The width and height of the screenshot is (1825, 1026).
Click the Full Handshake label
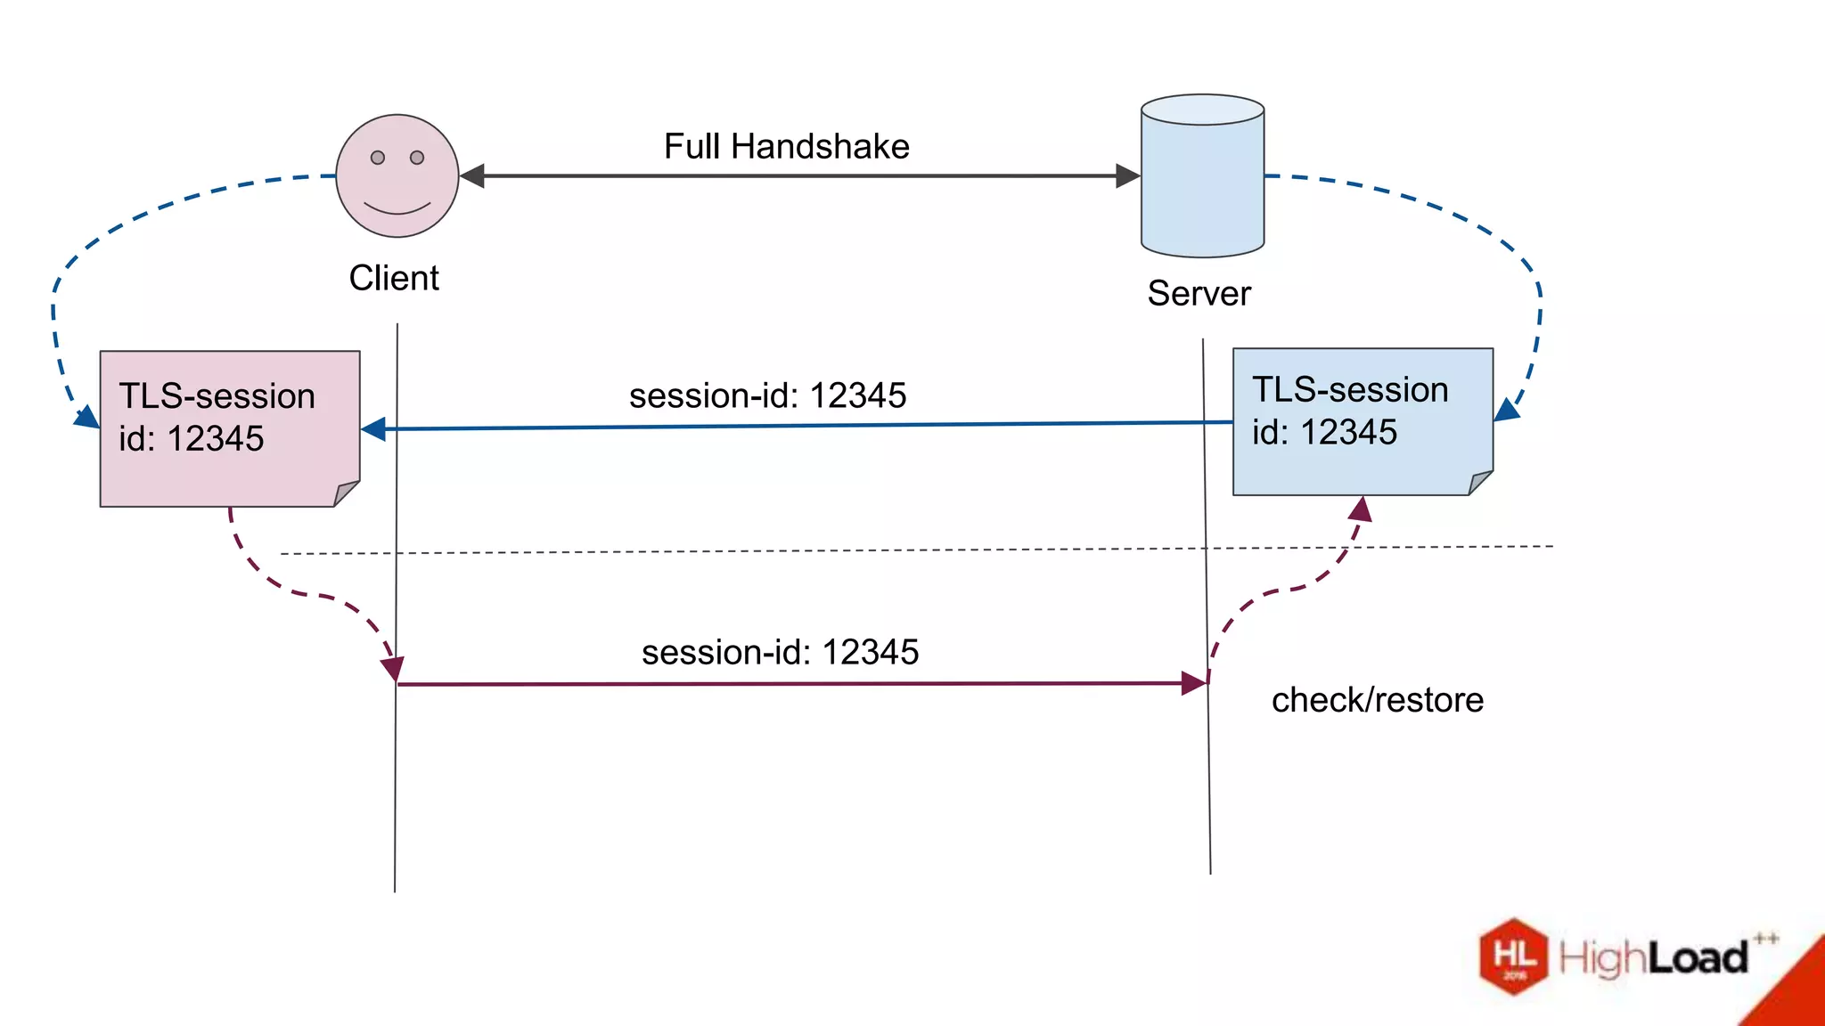(786, 147)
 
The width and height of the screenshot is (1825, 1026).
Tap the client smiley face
(397, 176)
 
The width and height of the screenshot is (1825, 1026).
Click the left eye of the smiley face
(378, 158)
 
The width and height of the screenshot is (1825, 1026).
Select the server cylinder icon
(1202, 176)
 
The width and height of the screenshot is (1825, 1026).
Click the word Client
(394, 279)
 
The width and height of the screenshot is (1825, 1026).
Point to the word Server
(1199, 294)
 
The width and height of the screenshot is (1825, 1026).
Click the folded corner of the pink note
(347, 493)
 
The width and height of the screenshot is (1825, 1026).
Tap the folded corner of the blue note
(1480, 483)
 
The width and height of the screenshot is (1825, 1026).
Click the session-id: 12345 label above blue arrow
(767, 396)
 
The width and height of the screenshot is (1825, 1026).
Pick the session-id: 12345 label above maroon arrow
(780, 653)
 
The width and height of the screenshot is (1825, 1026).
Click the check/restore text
(1377, 701)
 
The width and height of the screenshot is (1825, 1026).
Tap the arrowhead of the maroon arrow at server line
(1194, 684)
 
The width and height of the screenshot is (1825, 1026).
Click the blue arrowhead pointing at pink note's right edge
(373, 429)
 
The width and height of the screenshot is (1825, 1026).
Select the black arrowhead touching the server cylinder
(1128, 176)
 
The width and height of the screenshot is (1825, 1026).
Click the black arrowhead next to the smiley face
(471, 176)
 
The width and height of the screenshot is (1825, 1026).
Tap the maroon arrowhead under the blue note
(1361, 509)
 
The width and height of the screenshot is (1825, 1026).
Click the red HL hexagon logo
(1514, 957)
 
